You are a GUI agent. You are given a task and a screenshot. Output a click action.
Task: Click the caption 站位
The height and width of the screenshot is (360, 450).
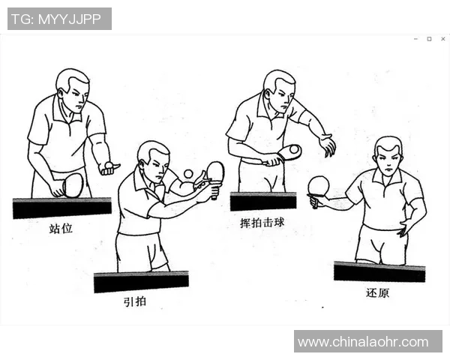(60, 228)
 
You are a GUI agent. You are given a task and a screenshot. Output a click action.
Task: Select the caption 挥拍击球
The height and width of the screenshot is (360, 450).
(262, 223)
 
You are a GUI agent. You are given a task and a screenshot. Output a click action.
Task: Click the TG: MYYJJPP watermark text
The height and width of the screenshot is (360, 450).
(59, 19)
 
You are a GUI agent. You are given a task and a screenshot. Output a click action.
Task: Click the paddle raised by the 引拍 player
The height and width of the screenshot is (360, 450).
(215, 172)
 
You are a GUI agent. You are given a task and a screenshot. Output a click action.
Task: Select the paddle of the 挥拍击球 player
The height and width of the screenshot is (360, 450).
(289, 152)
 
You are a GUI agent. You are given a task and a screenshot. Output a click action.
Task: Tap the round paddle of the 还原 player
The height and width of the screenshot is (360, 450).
(319, 185)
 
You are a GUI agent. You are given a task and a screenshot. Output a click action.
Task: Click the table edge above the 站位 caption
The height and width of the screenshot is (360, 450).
(61, 208)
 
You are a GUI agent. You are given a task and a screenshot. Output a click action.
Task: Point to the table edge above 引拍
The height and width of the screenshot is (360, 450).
(141, 281)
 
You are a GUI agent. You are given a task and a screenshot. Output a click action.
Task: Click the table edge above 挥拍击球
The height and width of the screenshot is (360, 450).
(262, 201)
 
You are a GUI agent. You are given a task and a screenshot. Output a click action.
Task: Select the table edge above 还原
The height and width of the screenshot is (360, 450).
(379, 271)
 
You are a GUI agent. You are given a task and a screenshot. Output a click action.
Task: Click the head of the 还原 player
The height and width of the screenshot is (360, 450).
(388, 156)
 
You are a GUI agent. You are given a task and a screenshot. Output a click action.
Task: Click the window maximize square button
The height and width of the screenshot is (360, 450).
(429, 39)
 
